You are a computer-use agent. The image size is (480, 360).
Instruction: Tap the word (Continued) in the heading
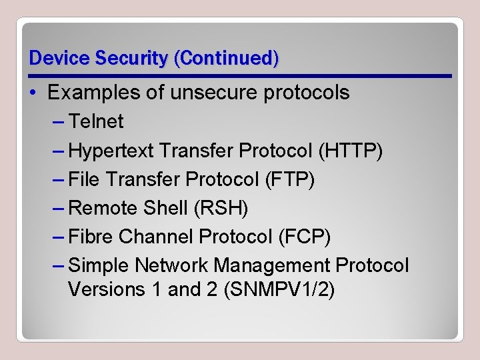click(x=226, y=58)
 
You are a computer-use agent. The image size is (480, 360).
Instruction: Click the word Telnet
click(x=96, y=121)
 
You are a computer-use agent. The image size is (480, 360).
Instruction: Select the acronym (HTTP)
click(x=351, y=151)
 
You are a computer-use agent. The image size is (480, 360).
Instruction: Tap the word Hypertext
click(x=112, y=151)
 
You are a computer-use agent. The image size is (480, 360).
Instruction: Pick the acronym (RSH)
click(x=220, y=208)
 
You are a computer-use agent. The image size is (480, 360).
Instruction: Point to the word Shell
click(x=165, y=208)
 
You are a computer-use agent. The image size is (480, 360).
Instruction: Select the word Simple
click(x=99, y=265)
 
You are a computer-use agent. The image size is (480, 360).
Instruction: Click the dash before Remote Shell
click(x=58, y=208)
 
